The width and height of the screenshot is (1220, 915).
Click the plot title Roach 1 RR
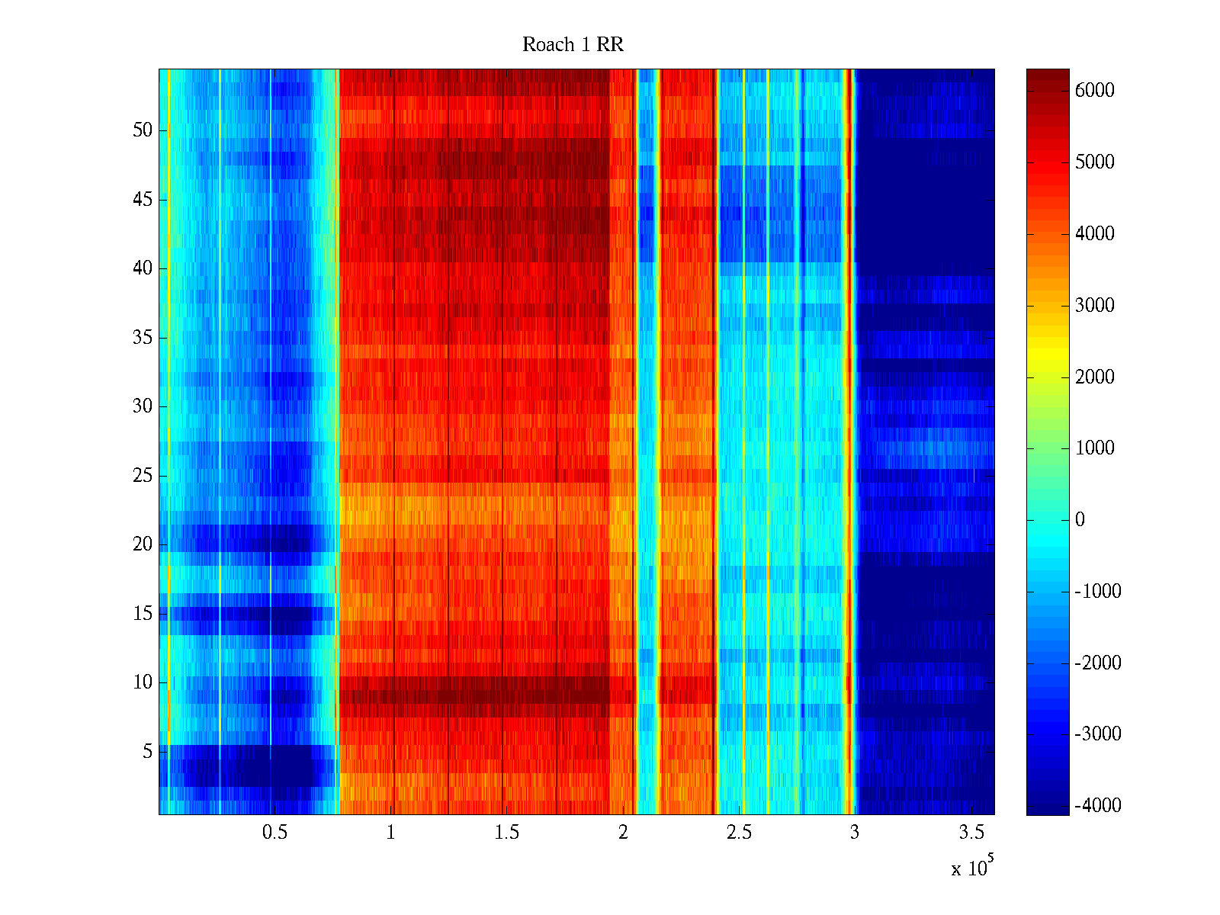(x=573, y=45)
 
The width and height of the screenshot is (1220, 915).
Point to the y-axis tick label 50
(x=143, y=130)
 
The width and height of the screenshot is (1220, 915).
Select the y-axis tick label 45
(x=143, y=200)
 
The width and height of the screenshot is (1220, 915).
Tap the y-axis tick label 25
(x=143, y=476)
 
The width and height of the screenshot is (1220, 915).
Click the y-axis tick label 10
(x=143, y=682)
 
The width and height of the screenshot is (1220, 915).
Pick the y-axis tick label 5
(x=147, y=752)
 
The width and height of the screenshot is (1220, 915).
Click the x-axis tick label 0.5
(x=274, y=833)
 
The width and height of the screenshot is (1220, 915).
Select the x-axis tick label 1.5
(x=506, y=833)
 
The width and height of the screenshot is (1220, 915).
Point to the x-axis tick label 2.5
(x=739, y=833)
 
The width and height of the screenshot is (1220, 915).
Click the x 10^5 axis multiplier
(x=972, y=868)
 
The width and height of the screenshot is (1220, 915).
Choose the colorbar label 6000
(x=1095, y=91)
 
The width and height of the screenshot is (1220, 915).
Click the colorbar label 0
(x=1080, y=520)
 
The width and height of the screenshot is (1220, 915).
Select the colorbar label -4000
(x=1098, y=806)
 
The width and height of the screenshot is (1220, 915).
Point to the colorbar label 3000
(x=1095, y=306)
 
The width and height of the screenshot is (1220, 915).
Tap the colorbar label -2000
(x=1098, y=663)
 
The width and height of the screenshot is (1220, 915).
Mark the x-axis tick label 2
(x=623, y=833)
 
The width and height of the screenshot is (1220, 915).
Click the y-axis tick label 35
(x=143, y=338)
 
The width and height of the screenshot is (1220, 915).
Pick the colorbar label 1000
(x=1095, y=448)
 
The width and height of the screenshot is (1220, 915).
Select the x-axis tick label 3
(x=855, y=833)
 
